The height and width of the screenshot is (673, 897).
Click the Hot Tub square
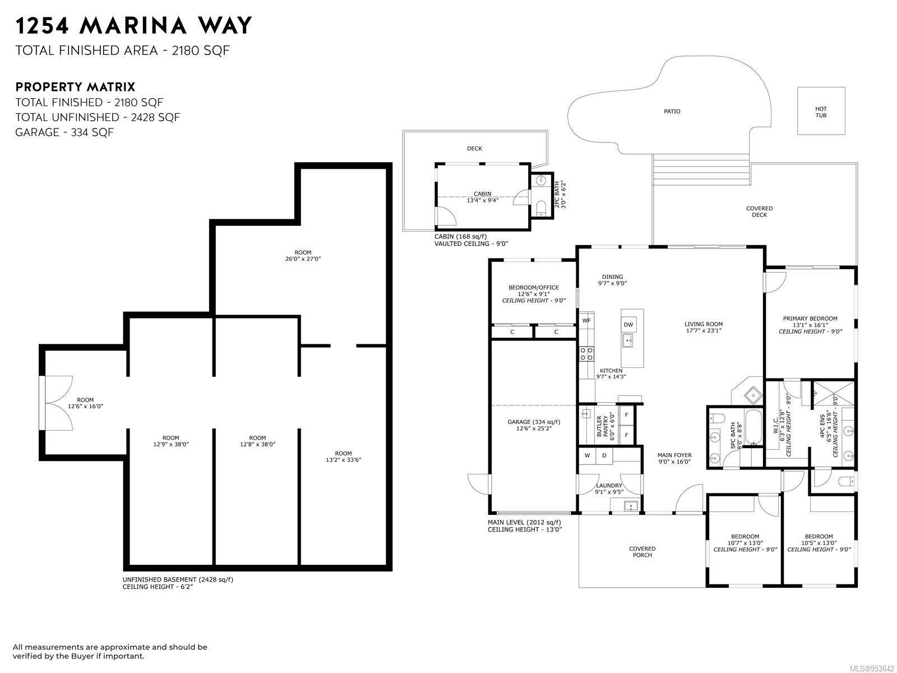[821, 110]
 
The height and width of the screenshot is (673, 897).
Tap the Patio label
[672, 111]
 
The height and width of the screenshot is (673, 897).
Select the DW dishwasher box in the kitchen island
[628, 325]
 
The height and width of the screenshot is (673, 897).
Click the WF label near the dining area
[586, 321]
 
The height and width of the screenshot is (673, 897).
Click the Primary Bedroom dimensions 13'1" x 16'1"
[810, 325]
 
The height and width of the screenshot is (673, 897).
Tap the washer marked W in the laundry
[587, 455]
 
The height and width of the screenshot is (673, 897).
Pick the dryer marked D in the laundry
[604, 455]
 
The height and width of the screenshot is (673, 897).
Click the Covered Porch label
[642, 552]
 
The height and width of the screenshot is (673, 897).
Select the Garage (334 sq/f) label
[534, 422]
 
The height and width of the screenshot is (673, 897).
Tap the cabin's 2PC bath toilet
[540, 207]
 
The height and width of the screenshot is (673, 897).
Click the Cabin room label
[482, 193]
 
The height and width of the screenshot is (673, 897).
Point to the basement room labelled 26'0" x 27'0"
[303, 256]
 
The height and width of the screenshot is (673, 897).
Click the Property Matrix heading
[75, 86]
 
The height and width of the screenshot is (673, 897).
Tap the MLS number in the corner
[872, 669]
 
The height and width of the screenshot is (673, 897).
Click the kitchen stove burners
[587, 354]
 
